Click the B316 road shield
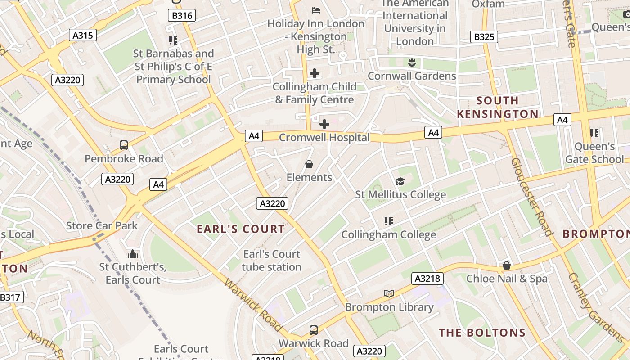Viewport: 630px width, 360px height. tap(182, 16)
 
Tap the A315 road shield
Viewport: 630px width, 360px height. tap(83, 35)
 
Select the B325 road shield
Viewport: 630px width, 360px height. tap(484, 37)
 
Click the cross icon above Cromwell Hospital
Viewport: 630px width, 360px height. tap(324, 124)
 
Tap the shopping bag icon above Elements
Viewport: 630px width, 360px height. tap(309, 165)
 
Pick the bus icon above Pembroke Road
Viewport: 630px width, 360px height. tap(124, 145)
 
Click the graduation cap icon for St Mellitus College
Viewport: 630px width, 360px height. tap(400, 181)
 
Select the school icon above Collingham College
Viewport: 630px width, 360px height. tap(389, 221)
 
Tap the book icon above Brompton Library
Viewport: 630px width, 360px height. tap(389, 294)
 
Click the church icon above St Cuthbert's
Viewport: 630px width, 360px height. tap(132, 254)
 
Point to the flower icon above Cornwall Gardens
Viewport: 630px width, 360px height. tap(411, 63)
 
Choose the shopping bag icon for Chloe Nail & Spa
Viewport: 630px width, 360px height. tap(507, 265)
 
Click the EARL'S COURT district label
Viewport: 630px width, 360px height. tap(241, 229)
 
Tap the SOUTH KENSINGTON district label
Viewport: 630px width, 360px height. tap(498, 107)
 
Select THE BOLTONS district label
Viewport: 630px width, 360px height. tap(482, 333)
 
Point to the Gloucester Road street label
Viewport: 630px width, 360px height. tap(532, 197)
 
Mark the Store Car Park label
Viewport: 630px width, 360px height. tap(102, 225)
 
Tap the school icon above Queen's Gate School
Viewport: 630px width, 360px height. tap(594, 133)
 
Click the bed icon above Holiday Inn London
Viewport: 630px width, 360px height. tap(316, 10)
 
